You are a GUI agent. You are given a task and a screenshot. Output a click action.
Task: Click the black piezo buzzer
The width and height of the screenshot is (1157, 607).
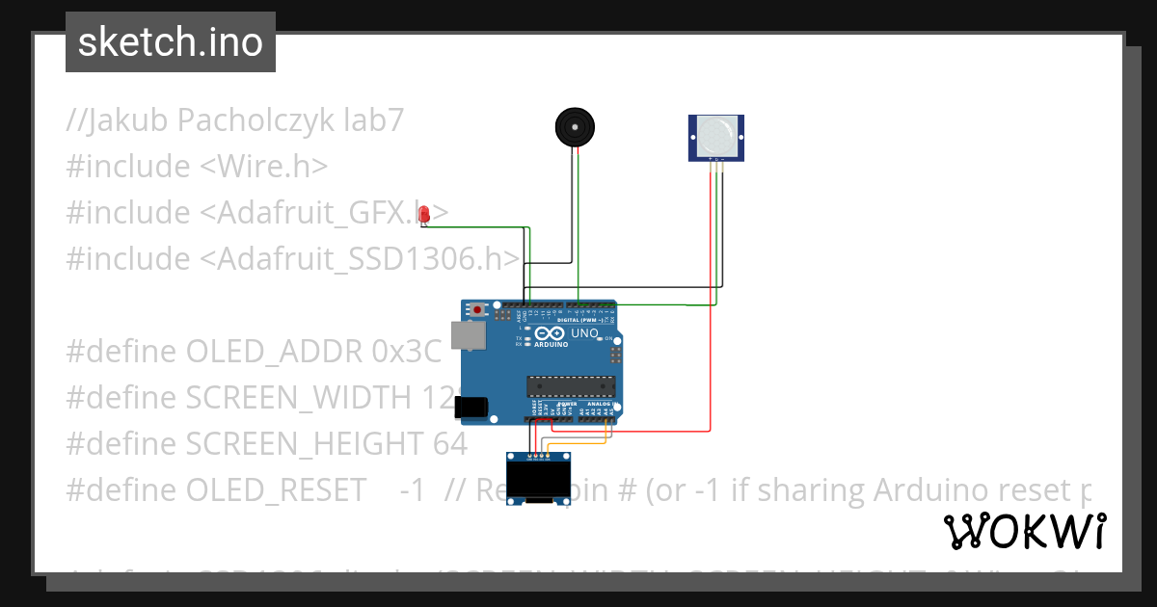tap(575, 127)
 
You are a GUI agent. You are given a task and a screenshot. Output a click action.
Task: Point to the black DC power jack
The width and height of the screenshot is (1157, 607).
tap(471, 408)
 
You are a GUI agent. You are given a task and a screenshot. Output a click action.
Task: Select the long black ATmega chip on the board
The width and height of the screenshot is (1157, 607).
tap(570, 386)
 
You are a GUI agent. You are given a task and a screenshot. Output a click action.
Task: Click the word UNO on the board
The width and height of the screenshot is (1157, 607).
tap(585, 333)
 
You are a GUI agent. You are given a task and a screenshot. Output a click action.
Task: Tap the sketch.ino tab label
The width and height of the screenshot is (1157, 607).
tap(171, 42)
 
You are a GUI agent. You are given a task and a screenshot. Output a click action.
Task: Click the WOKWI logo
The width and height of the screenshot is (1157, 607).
tap(1024, 531)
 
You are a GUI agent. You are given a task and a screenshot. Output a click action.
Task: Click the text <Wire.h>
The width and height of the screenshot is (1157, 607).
tap(264, 167)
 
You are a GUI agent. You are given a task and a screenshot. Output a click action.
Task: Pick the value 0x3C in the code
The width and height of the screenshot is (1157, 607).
tap(406, 352)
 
